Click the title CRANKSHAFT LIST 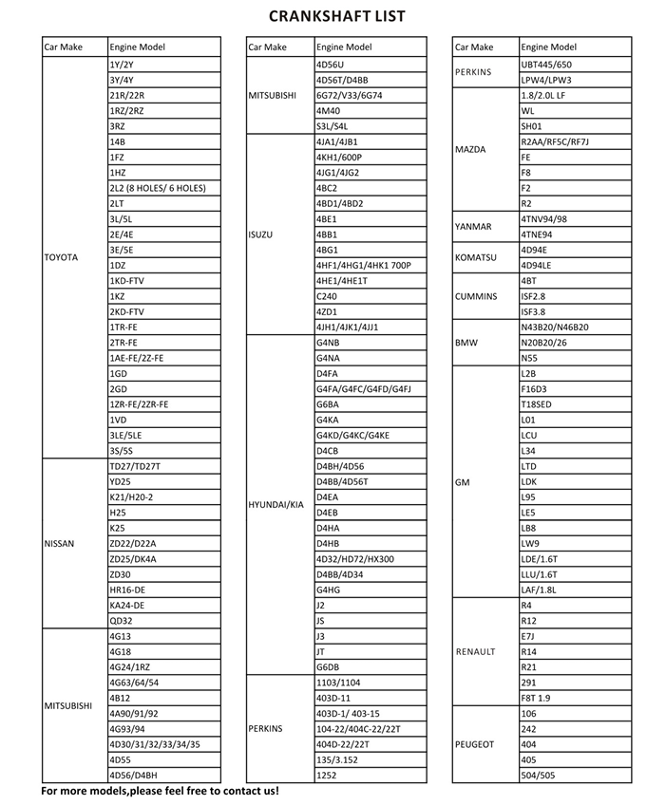(337, 16)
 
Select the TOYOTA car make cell (62, 257)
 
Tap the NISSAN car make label (60, 544)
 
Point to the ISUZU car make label (261, 234)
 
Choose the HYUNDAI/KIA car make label (276, 505)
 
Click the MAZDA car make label (471, 149)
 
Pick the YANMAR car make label (474, 227)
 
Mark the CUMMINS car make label (476, 296)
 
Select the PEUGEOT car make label (475, 744)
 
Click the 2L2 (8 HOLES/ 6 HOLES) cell (158, 188)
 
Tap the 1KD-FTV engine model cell (127, 281)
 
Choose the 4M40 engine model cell (328, 110)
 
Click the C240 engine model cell (326, 296)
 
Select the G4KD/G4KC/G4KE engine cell (352, 435)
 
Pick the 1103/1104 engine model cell (338, 683)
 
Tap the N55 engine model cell (529, 358)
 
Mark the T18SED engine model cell (537, 404)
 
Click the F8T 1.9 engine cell (537, 698)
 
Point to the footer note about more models (160, 791)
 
